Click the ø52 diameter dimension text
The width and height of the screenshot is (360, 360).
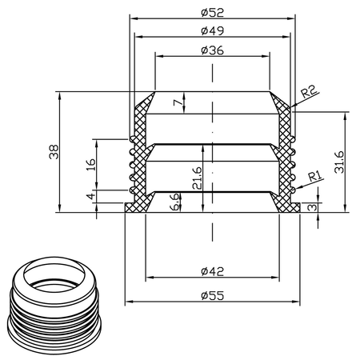click(213, 13)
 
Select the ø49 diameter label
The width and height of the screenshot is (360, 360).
click(213, 30)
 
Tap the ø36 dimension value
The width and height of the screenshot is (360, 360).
click(213, 50)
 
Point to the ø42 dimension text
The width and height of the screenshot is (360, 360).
click(213, 271)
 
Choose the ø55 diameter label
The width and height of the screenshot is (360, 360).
click(213, 295)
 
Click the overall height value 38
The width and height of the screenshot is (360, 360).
click(54, 152)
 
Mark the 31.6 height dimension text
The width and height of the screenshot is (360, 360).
click(339, 162)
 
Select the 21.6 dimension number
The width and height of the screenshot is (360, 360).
click(198, 178)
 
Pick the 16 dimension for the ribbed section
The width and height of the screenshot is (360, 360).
click(91, 165)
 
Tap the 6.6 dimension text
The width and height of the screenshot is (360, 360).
click(174, 202)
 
